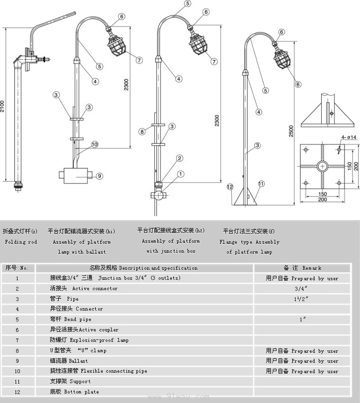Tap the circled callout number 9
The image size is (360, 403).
pyautogui.click(x=99, y=176)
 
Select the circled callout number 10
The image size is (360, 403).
pyautogui.click(x=95, y=144)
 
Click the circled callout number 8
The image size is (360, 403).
pyautogui.click(x=142, y=131)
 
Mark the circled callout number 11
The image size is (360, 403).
pyautogui.click(x=261, y=183)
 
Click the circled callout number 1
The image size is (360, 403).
pyautogui.click(x=181, y=174)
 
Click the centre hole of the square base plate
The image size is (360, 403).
pyautogui.click(x=322, y=166)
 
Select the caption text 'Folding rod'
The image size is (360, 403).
pyautogui.click(x=21, y=242)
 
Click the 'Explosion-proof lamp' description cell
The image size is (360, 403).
pyautogui.click(x=89, y=340)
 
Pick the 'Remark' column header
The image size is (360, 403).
pyautogui.click(x=302, y=268)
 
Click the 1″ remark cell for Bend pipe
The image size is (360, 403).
pyautogui.click(x=302, y=320)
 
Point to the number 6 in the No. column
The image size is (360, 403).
pyautogui.click(x=18, y=330)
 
